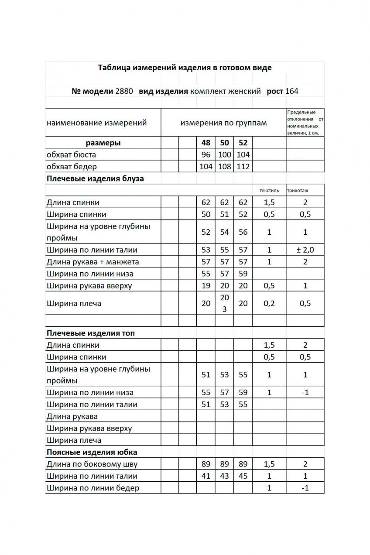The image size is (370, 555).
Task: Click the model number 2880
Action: [124, 91]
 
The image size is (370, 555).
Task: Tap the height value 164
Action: [291, 91]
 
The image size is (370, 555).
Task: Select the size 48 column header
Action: [206, 143]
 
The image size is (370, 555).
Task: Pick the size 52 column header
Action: [243, 143]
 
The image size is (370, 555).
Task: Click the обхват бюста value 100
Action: [224, 154]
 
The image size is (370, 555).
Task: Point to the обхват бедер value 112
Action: [243, 166]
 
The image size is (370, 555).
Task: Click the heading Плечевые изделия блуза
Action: [95, 178]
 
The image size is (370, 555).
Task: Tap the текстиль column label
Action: [269, 191]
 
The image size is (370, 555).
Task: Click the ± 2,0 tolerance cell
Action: [305, 250]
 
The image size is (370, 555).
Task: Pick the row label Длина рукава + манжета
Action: [92, 262]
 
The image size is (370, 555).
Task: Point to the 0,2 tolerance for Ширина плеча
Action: [269, 303]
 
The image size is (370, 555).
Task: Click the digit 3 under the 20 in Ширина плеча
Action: [224, 309]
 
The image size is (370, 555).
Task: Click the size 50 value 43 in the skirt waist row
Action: [224, 476]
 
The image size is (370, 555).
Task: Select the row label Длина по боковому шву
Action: [92, 464]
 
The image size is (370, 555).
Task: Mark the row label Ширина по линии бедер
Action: [93, 488]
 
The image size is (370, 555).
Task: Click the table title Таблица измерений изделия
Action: [185, 68]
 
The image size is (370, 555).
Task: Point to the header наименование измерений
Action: [96, 123]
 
